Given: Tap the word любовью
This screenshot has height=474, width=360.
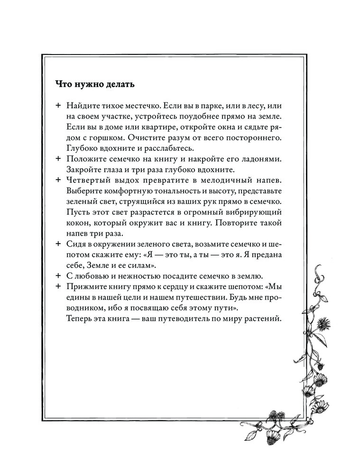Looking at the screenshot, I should click(93, 276).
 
